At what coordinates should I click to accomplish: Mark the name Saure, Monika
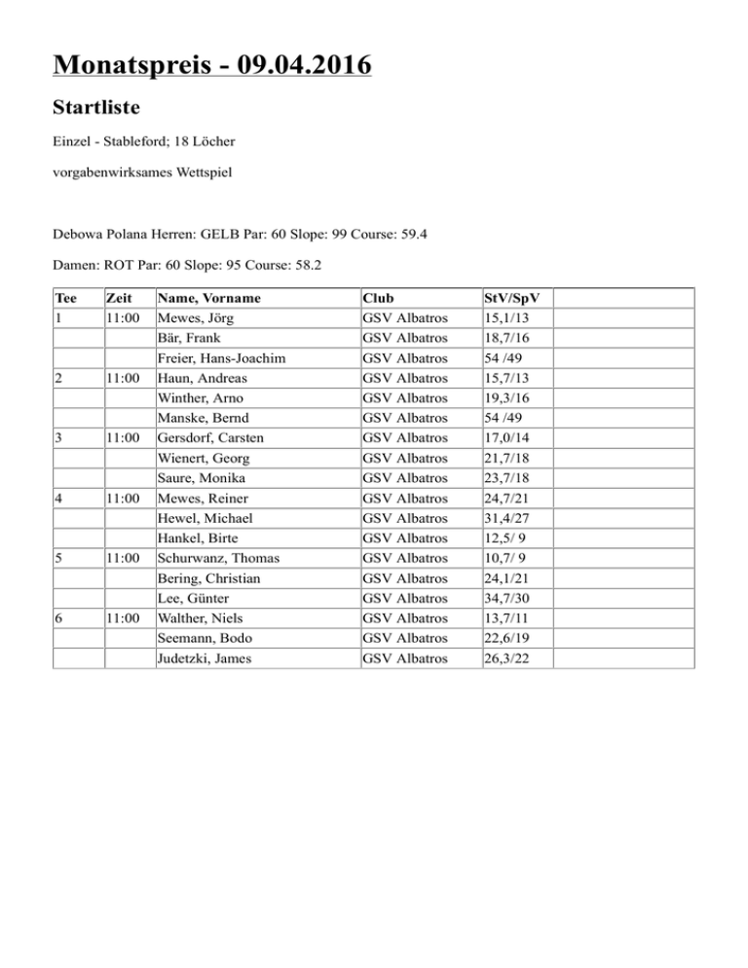click(x=201, y=477)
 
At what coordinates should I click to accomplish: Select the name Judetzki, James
click(x=206, y=659)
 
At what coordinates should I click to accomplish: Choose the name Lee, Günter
click(x=193, y=597)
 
